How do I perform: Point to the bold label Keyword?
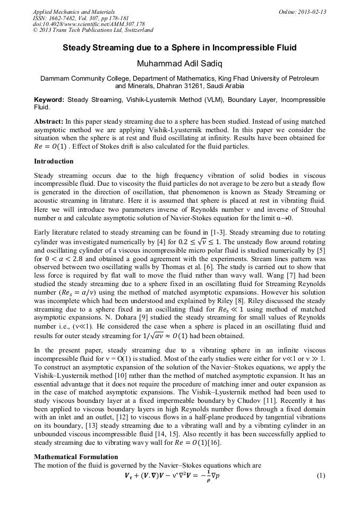pos(49,100)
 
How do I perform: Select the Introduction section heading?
pos(54,161)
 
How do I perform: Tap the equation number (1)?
pos(320,476)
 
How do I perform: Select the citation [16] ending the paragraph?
pos(215,443)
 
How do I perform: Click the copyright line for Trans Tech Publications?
pos(93,31)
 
